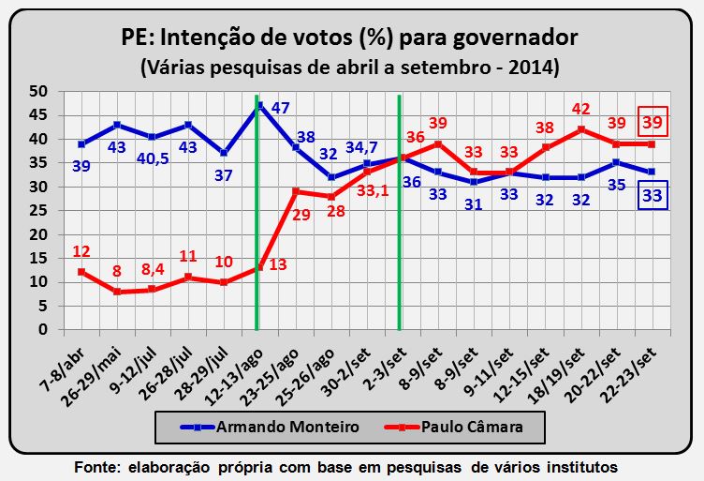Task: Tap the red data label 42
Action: pos(582,109)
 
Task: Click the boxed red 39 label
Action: pos(653,123)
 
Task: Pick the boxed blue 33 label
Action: pos(653,196)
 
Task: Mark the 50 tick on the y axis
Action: pos(38,91)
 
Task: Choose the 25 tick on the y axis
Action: pos(38,211)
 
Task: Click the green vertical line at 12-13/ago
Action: pos(257,234)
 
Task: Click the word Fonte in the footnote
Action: pos(96,466)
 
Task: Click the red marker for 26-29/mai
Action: pos(117,292)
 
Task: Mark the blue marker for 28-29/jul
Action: pos(224,153)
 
